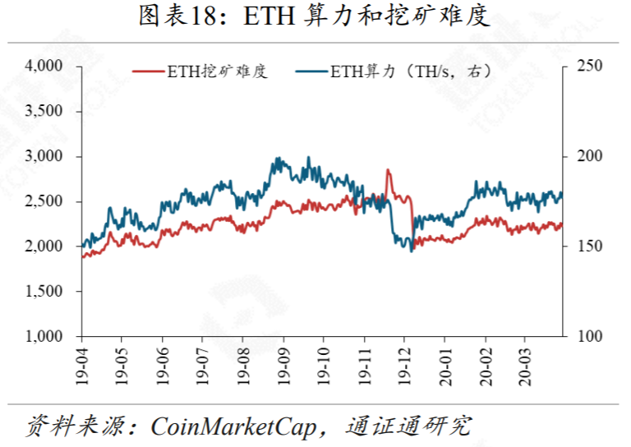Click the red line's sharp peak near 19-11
coord(388,170)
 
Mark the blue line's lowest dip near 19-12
coord(411,251)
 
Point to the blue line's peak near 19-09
coord(279,158)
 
